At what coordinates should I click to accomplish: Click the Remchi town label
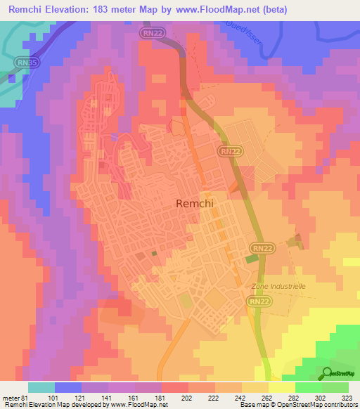pos(193,204)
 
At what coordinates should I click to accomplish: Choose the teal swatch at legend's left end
pos(41,387)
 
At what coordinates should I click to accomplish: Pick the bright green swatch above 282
pos(309,387)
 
